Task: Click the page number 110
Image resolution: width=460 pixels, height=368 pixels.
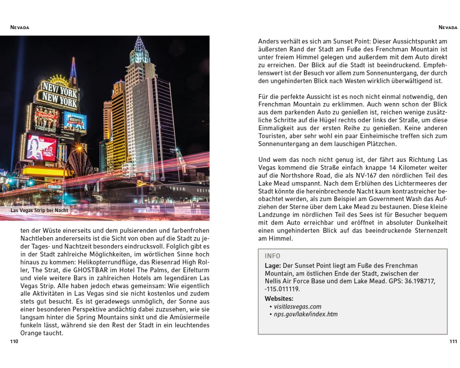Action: (x=14, y=341)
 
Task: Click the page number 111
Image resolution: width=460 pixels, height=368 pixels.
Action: (x=453, y=341)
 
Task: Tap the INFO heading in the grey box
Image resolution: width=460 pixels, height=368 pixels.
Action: (x=272, y=256)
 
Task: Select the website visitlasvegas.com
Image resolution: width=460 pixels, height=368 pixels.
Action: (x=298, y=306)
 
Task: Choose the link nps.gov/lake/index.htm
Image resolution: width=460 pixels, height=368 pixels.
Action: (x=305, y=315)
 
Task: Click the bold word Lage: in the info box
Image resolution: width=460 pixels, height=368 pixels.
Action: (x=273, y=265)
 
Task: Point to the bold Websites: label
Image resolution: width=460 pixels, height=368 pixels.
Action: (x=279, y=299)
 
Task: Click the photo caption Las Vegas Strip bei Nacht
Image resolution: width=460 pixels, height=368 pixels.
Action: (x=39, y=210)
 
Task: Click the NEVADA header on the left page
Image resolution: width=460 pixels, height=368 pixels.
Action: (x=20, y=28)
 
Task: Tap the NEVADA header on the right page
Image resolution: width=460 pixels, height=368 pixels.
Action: (x=448, y=28)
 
